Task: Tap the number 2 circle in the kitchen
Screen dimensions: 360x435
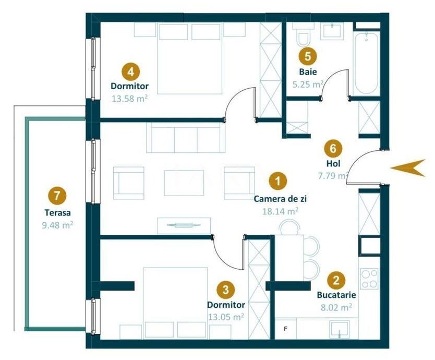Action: point(336,280)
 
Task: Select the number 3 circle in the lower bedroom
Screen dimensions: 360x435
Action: point(225,289)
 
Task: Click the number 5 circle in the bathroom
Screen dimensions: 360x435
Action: point(307,55)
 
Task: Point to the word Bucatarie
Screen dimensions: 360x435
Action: point(336,295)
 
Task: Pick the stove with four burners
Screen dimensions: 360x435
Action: point(369,278)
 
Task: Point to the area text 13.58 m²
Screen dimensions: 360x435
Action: point(129,97)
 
